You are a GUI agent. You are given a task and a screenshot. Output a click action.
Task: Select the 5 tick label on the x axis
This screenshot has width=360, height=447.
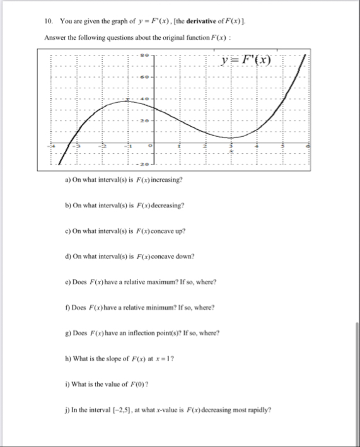point(283,145)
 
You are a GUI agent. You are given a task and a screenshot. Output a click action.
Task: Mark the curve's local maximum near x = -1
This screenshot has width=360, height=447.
point(129,100)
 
